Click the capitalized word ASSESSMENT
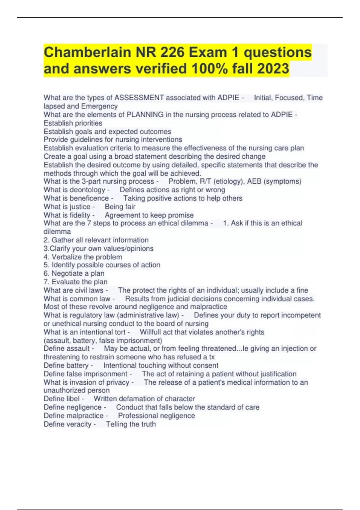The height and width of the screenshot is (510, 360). click(x=139, y=98)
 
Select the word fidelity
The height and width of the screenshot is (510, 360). click(x=80, y=215)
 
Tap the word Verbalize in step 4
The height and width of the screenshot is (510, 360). click(x=67, y=257)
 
